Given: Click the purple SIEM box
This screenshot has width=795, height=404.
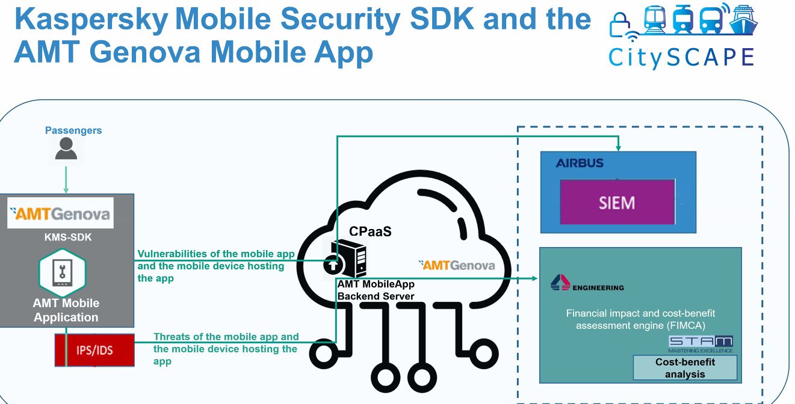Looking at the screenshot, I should pyautogui.click(x=616, y=202).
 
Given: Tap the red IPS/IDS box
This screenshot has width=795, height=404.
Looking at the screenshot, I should pyautogui.click(x=94, y=349).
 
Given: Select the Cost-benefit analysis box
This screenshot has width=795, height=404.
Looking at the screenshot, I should pyautogui.click(x=685, y=368).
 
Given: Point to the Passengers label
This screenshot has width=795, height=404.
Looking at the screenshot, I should pyautogui.click(x=73, y=130).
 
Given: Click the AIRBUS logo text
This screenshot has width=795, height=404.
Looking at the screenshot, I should pyautogui.click(x=580, y=163).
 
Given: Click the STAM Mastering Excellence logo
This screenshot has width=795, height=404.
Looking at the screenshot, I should pyautogui.click(x=701, y=344).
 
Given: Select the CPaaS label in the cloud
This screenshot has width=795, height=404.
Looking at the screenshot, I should pyautogui.click(x=370, y=231).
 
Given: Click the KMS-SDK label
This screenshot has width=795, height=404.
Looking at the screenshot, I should pyautogui.click(x=68, y=237).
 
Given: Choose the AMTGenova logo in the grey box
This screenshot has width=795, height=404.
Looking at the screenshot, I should pyautogui.click(x=60, y=213).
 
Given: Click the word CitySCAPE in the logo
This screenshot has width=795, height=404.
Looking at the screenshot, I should pyautogui.click(x=681, y=57).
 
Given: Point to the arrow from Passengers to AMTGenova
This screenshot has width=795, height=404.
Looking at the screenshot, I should pyautogui.click(x=66, y=179).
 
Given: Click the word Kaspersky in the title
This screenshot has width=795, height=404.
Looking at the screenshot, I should pyautogui.click(x=91, y=19).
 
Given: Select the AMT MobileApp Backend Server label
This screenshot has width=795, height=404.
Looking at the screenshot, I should pyautogui.click(x=376, y=290).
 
